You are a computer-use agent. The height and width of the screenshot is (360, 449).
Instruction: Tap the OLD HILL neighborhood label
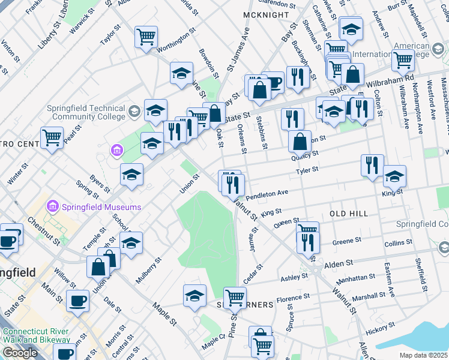(x=348, y=213)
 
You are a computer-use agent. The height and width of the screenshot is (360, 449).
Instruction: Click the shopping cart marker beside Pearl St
(x=52, y=137)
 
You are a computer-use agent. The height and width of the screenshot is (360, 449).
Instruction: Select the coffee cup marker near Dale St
(x=77, y=300)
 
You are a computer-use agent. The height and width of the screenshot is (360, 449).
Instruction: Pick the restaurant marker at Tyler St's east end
(x=372, y=165)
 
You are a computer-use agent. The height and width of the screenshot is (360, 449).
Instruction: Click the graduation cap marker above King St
(x=394, y=176)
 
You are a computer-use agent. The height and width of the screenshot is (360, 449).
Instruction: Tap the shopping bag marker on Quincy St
(x=300, y=142)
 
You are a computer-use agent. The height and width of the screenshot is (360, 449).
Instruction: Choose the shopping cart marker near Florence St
(x=235, y=298)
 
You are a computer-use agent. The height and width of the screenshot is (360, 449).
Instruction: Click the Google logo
(x=20, y=353)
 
